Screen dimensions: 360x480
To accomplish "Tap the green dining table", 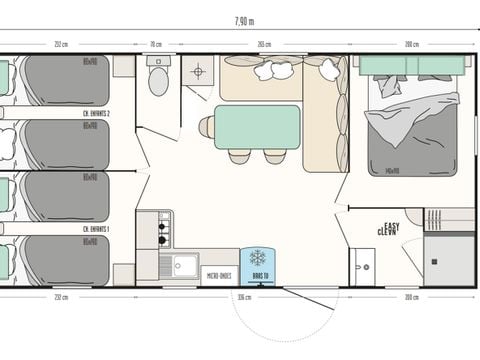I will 257,127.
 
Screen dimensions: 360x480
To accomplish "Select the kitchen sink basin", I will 184,265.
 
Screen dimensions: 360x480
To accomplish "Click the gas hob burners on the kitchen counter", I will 163,229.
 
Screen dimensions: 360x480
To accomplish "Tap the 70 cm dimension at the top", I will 156,44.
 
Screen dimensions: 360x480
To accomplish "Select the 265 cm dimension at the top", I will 263,44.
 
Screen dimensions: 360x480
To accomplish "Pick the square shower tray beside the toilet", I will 198,71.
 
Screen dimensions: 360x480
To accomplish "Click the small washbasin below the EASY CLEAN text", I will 362,266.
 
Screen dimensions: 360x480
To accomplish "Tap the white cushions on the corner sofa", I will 274,69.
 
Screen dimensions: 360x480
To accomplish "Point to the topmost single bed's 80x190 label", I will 90,60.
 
